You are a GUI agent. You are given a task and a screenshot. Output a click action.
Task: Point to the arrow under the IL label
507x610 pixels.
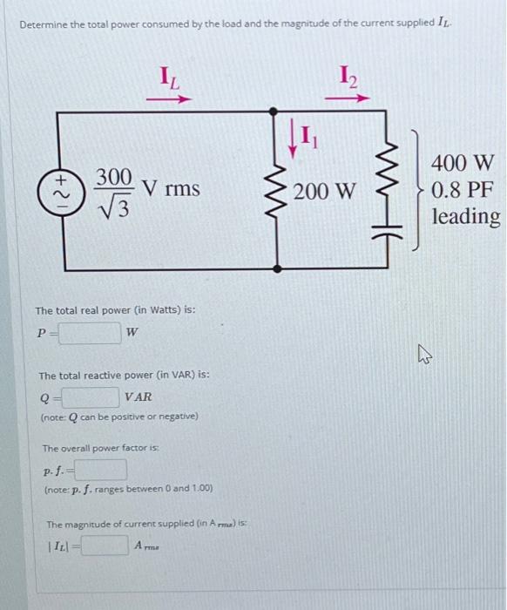tap(168, 98)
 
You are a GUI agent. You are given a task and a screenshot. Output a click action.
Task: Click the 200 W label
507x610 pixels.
tap(324, 190)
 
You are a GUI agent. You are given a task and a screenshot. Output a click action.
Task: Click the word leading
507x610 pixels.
tap(466, 215)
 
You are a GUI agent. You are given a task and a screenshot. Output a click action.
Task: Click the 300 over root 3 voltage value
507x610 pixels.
tap(113, 190)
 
